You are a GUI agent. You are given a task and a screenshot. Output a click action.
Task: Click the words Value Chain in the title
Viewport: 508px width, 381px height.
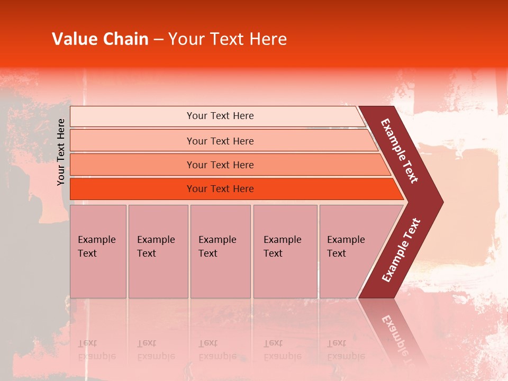point(100,39)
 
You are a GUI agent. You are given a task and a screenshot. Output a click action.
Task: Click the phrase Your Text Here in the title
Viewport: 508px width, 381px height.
point(228,39)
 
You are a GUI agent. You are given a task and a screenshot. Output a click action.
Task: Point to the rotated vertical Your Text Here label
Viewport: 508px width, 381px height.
point(61,152)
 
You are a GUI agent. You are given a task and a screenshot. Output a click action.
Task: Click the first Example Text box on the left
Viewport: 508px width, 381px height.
point(98,251)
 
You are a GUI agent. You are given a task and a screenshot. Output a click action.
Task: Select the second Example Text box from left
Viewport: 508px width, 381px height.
point(158,251)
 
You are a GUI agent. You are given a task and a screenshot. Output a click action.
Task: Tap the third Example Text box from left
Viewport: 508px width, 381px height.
point(220,251)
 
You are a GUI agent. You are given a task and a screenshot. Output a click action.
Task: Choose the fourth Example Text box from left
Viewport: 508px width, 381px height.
point(285,251)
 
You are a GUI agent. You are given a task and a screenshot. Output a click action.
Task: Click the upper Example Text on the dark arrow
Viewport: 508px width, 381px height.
point(400,151)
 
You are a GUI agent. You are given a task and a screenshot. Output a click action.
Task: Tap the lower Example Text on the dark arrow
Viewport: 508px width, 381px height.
point(401,250)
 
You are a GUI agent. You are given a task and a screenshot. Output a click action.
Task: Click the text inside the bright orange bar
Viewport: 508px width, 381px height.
point(220,189)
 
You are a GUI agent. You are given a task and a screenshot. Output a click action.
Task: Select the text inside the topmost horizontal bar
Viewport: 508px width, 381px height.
point(220,116)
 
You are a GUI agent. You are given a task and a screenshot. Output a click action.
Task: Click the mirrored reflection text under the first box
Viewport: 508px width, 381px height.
point(96,350)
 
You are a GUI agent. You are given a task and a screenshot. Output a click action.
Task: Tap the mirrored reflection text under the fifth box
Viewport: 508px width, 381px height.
point(346,350)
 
